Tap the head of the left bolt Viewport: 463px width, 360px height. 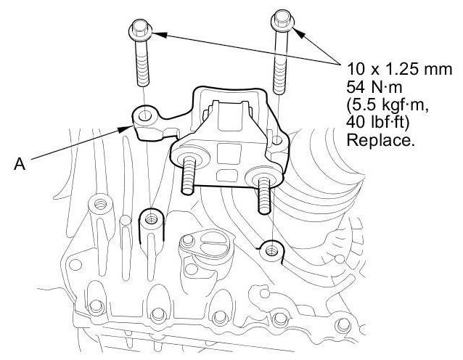click(x=139, y=30)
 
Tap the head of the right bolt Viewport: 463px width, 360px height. click(x=282, y=19)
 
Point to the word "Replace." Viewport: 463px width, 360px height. click(x=381, y=141)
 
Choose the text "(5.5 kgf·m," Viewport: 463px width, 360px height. click(x=382, y=106)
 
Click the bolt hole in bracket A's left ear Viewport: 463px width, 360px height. click(x=145, y=115)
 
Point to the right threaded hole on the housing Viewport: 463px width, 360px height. click(x=271, y=249)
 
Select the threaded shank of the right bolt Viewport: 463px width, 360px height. click(x=279, y=62)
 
